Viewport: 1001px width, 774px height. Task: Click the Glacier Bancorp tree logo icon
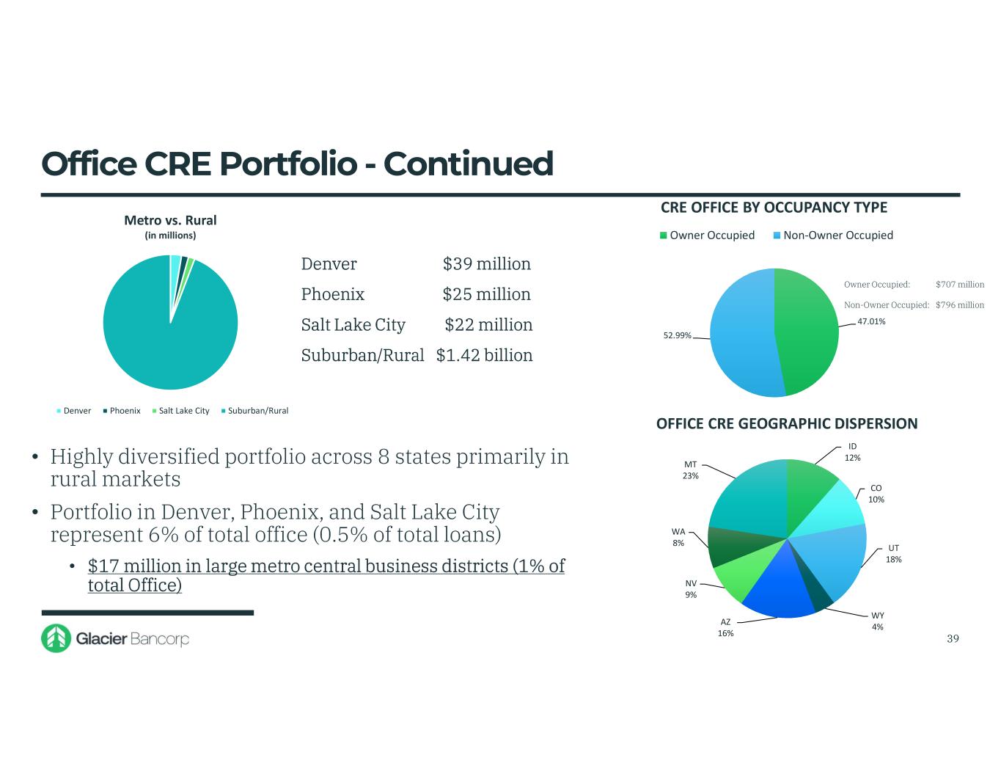[x=56, y=638]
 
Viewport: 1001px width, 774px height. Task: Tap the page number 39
[x=953, y=638]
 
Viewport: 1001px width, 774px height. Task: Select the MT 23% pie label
[x=690, y=470]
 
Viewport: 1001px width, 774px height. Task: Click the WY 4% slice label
[x=877, y=621]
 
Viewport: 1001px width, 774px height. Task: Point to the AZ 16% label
[x=725, y=627]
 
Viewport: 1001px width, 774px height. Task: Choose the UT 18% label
[x=893, y=553]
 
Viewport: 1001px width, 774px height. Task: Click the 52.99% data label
[x=677, y=335]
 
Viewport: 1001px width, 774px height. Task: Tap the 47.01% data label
[x=871, y=321]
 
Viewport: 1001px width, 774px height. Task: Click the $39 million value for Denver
[x=486, y=264]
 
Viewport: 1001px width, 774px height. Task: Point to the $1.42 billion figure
[x=484, y=355]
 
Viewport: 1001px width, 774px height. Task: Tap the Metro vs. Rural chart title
[x=170, y=220]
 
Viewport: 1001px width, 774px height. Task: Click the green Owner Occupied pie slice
[x=807, y=330]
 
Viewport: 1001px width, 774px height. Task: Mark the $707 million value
[x=960, y=285]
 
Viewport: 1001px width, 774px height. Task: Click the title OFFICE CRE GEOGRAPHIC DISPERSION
[x=786, y=423]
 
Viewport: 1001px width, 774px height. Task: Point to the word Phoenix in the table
[x=333, y=294]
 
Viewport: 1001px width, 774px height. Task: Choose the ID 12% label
[x=852, y=452]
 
